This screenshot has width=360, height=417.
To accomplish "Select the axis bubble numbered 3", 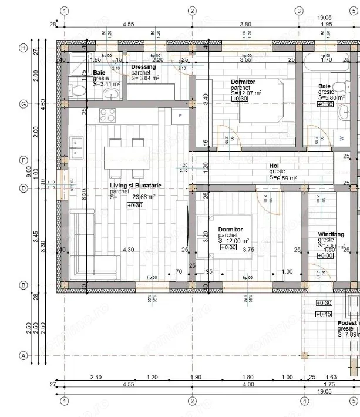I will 298,11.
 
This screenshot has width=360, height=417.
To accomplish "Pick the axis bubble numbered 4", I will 304,401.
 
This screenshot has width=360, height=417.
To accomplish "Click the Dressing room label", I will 143,67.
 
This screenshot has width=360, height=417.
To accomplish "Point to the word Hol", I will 274,166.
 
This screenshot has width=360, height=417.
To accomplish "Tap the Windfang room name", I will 331,234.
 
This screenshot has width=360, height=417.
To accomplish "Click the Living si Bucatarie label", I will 135,186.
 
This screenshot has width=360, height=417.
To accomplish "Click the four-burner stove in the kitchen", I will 107,113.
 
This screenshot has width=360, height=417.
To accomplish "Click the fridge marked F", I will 180,116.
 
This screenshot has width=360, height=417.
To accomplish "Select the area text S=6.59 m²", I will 283,177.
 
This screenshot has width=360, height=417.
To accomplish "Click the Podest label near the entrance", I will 348,323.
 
